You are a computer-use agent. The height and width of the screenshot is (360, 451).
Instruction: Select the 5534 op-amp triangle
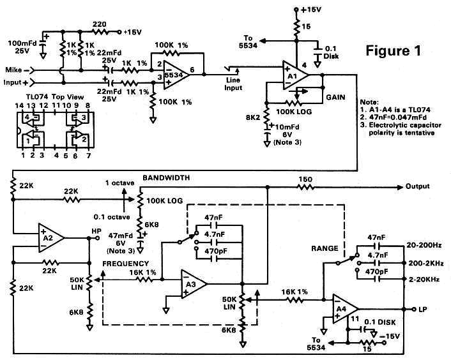pyautogui.click(x=173, y=74)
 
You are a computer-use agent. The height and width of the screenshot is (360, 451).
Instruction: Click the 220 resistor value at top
pyautogui.click(x=100, y=24)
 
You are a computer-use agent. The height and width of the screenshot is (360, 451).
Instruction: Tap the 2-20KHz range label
pyautogui.click(x=426, y=279)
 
